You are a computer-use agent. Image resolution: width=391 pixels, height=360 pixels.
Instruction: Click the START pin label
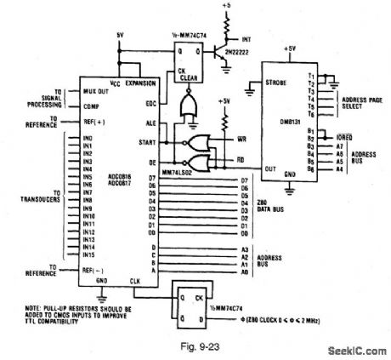pyautogui.click(x=149, y=141)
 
